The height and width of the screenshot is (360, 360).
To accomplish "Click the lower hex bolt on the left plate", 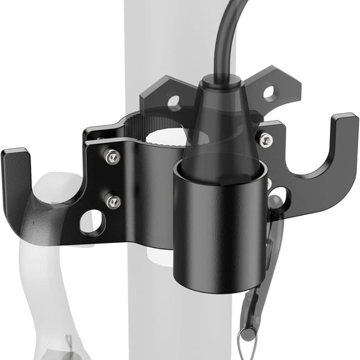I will (113, 201).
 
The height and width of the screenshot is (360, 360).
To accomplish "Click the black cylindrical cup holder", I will (215, 225).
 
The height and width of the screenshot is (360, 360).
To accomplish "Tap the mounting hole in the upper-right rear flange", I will (269, 94).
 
